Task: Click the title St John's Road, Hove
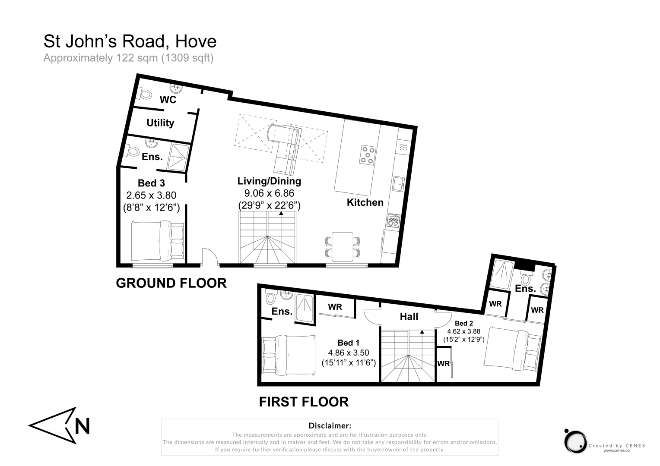coord(130,41)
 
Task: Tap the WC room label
coord(168,100)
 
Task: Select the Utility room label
coord(160,123)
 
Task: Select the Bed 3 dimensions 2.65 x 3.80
coord(151,195)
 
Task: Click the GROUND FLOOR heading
coord(171,283)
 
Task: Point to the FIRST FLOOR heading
coord(304,402)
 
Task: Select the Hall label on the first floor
coord(409,317)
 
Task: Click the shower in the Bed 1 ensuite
coord(305,308)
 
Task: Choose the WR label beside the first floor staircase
coord(443,364)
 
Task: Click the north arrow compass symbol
coord(60,425)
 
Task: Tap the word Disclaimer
coord(330,426)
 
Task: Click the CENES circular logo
coord(575,441)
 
